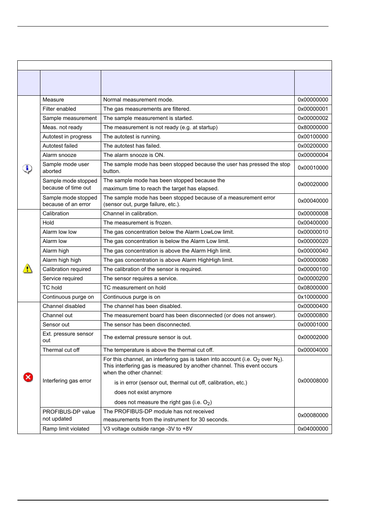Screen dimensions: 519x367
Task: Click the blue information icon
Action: [27, 168]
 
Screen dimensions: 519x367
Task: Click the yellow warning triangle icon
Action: [28, 268]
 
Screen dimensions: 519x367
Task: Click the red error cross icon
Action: [28, 377]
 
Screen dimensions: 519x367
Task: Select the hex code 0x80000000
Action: [313, 127]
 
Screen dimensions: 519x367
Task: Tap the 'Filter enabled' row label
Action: [59, 109]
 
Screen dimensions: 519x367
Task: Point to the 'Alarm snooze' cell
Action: [59, 155]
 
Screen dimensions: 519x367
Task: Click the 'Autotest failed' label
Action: [60, 146]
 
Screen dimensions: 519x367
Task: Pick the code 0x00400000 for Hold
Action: [313, 223]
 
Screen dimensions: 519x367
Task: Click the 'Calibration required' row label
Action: [67, 269]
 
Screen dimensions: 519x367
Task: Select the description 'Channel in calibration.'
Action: [130, 213]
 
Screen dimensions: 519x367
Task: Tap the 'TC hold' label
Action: [52, 288]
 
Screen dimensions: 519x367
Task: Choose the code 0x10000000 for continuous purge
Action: [313, 297]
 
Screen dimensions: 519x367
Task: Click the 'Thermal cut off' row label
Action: [61, 350]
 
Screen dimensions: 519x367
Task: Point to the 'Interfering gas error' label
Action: [67, 381]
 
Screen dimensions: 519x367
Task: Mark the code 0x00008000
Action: [313, 381]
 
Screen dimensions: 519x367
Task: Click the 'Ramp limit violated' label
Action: [66, 429]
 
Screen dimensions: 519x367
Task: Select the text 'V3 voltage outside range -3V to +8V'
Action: [148, 429]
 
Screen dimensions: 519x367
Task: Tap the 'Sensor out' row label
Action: [56, 324]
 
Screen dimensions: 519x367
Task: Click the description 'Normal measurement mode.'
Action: [138, 100]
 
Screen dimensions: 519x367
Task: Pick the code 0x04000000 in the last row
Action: [313, 429]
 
